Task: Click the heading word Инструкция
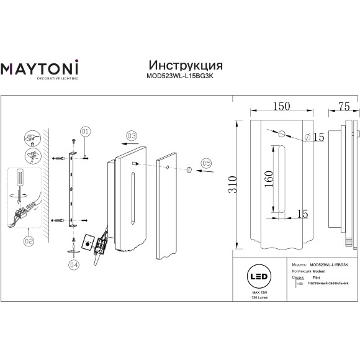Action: point(186,65)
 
